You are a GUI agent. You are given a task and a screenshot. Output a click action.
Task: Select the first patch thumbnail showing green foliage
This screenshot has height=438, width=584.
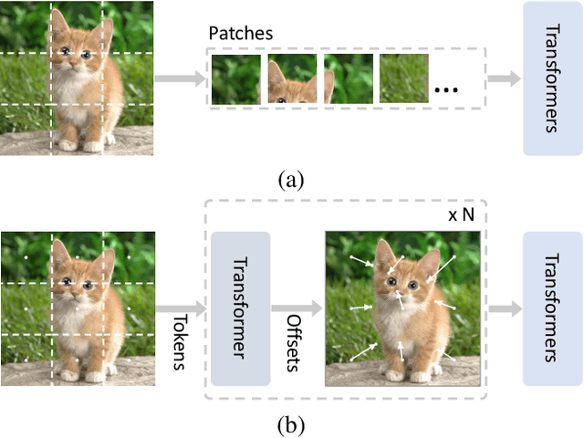(x=236, y=79)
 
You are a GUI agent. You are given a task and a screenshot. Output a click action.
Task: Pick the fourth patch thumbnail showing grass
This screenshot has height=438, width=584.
(x=404, y=79)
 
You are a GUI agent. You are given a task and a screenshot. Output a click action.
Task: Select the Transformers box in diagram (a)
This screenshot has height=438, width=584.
(x=552, y=78)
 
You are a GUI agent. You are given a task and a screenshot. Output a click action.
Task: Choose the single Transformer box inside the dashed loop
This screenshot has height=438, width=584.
(x=241, y=308)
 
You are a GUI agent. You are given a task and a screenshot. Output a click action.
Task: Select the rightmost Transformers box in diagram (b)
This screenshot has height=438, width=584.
(x=552, y=308)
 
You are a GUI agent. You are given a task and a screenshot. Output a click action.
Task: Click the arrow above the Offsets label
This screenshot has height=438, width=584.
(x=297, y=308)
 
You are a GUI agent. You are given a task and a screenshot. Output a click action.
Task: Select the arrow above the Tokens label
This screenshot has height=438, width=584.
(x=182, y=308)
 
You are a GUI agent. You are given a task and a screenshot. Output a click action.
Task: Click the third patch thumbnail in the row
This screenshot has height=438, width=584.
(x=349, y=79)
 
